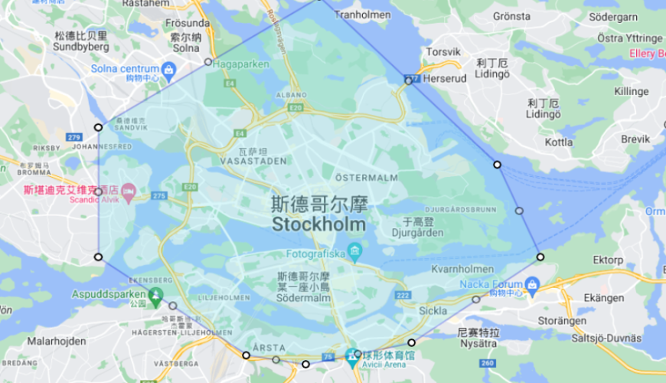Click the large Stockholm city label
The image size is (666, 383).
[x=319, y=224]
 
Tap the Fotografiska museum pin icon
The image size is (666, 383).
[x=354, y=251]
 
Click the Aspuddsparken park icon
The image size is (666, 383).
[x=156, y=294]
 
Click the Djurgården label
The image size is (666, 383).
[x=417, y=233]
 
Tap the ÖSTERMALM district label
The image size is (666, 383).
[x=366, y=178]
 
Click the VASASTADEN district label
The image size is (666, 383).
[x=253, y=161]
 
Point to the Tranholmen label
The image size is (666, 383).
[x=364, y=14]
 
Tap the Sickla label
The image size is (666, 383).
[x=433, y=311]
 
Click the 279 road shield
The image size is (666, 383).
[x=74, y=137]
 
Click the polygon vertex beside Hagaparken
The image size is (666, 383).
[x=208, y=61]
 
